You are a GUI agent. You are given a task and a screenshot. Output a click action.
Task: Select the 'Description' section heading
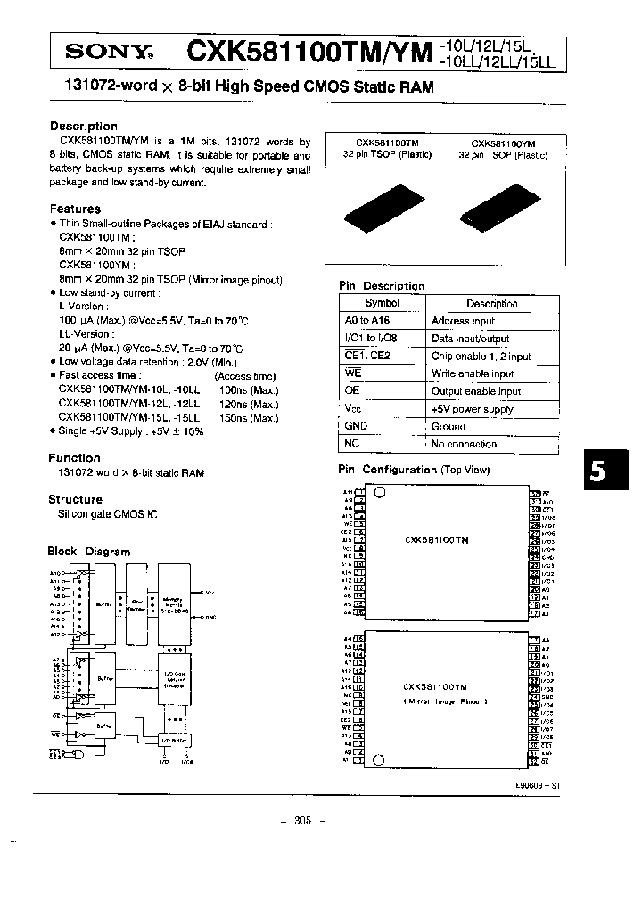[x=84, y=127]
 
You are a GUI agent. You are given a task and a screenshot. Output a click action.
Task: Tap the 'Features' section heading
[x=75, y=209]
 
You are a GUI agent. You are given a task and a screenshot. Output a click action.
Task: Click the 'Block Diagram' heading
[x=89, y=552]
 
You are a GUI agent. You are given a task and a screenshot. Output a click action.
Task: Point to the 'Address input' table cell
[x=463, y=321]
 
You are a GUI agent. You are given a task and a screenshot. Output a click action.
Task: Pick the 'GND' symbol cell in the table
[x=356, y=426]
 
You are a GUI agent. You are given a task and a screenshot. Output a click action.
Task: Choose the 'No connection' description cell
[x=464, y=444]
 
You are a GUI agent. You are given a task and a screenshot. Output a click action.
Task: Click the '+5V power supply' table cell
[x=472, y=409]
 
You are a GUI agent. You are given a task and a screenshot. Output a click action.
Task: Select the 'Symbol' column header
[x=382, y=303]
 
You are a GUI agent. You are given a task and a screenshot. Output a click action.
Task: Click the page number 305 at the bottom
[x=304, y=823]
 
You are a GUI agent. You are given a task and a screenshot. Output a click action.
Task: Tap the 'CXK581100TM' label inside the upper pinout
[x=437, y=541]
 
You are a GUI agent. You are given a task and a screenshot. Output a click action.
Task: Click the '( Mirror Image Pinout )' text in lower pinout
[x=445, y=701]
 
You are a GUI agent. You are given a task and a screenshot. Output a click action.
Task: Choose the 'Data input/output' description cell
[x=470, y=339]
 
